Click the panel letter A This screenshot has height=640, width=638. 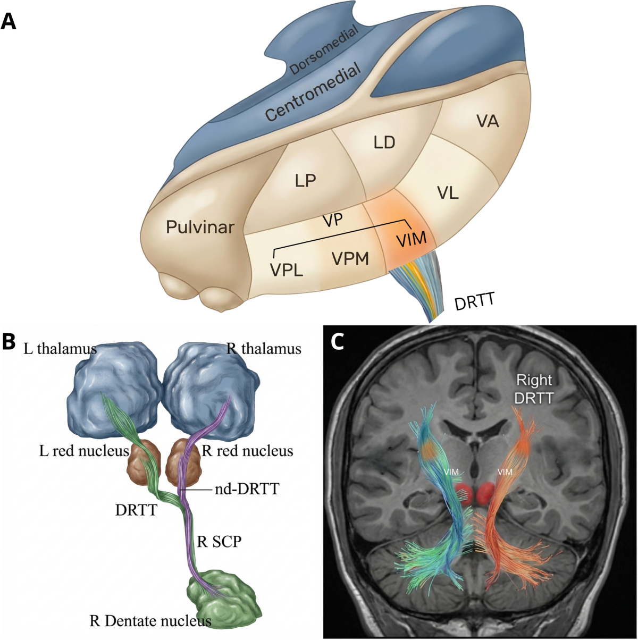(9, 22)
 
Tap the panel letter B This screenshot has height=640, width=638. (9, 342)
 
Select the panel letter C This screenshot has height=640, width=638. (338, 342)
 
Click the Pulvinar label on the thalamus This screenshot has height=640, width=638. (200, 227)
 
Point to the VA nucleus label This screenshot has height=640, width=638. (488, 121)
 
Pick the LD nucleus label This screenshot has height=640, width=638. (384, 142)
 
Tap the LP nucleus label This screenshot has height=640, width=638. (305, 180)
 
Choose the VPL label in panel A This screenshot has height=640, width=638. (287, 270)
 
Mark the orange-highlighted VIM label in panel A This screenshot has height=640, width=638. (412, 239)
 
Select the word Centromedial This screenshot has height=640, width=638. (313, 92)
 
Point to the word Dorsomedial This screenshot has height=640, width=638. (324, 50)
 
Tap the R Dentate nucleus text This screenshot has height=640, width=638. (150, 620)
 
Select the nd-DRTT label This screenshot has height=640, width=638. (247, 489)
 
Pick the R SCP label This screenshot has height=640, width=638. (219, 542)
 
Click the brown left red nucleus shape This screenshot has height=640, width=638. (144, 464)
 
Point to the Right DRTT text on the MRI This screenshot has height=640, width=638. (534, 389)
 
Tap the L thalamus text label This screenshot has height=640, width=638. (60, 349)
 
